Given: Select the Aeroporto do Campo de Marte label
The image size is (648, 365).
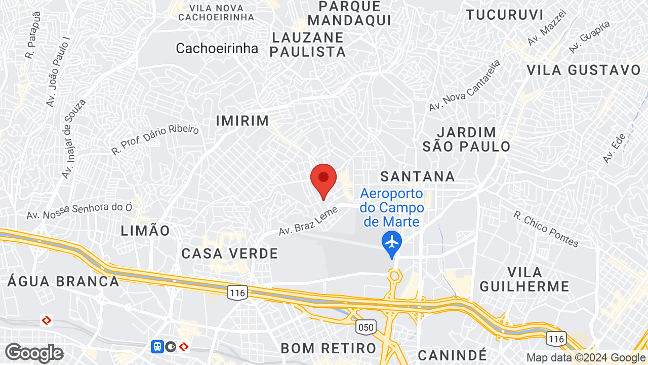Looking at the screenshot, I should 392,207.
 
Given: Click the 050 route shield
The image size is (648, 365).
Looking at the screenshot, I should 366,327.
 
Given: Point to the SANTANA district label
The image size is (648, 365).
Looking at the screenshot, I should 418,176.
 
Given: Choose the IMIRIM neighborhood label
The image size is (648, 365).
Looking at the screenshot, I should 242,121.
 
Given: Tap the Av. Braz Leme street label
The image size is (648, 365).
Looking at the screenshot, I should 308,217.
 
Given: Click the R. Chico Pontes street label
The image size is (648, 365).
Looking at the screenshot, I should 546,229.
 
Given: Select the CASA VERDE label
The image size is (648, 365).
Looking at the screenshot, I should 230,253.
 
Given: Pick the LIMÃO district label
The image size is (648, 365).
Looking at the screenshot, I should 146,231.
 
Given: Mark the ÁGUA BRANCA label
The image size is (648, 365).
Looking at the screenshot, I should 63,281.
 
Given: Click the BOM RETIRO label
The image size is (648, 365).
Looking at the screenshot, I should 329,348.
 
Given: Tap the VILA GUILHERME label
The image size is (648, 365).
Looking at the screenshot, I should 524,279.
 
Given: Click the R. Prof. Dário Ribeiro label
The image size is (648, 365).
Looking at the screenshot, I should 155,139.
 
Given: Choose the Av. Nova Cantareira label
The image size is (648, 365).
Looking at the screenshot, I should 464,86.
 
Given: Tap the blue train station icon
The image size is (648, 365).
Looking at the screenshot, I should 157,347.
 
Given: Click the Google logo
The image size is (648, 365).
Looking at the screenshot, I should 34,353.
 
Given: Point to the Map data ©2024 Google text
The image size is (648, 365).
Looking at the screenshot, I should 586,357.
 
